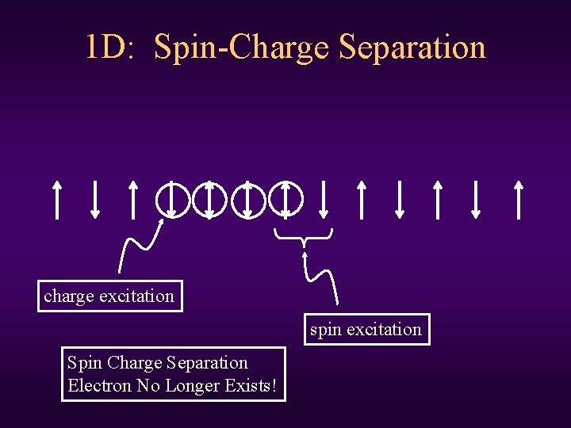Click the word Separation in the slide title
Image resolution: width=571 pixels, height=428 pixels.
point(412,48)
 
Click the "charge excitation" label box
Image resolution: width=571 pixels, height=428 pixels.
point(109,296)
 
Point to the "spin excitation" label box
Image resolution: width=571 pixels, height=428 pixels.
point(366,329)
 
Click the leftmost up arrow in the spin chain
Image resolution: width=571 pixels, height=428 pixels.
point(56,198)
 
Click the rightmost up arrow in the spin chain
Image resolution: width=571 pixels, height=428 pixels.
point(518,198)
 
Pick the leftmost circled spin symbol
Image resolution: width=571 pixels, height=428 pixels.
point(171,198)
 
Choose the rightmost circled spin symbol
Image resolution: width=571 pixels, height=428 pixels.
point(285,198)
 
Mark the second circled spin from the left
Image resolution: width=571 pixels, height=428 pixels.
point(209,198)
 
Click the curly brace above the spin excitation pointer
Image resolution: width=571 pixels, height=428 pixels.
point(303,235)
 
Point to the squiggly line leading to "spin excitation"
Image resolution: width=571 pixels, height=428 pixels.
point(322,273)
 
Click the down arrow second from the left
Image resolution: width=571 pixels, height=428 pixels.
point(94,198)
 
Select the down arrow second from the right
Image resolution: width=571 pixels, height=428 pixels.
point(476,198)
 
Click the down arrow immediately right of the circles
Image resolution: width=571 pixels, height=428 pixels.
point(324,198)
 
